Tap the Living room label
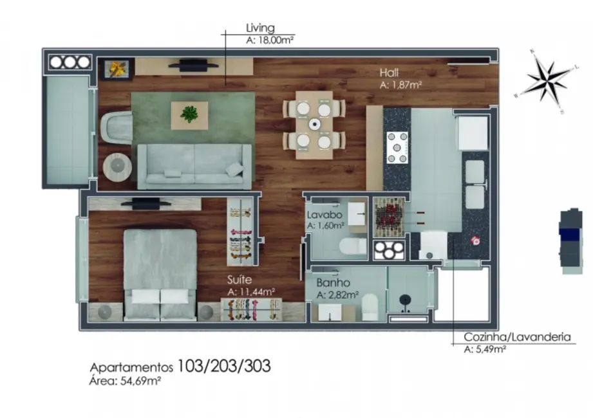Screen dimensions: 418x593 (x=260, y=28)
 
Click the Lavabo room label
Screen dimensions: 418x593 (x=320, y=215)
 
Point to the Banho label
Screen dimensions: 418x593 (x=333, y=283)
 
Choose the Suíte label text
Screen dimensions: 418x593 (x=239, y=280)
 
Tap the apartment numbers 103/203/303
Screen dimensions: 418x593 (x=224, y=367)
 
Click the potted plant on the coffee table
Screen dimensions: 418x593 (x=189, y=114)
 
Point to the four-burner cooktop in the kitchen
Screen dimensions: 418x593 (x=397, y=147)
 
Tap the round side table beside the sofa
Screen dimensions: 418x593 (x=117, y=166)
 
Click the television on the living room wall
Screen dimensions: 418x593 (x=193, y=64)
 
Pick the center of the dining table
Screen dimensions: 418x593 (x=314, y=124)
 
